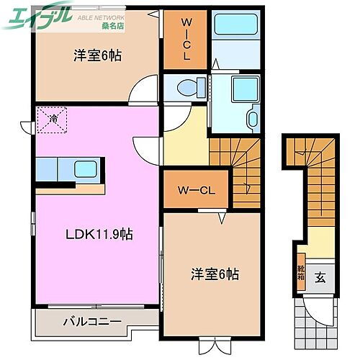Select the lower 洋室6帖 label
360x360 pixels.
point(215,274)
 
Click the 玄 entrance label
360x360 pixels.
point(321,276)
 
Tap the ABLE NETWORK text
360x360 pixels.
point(101,15)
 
